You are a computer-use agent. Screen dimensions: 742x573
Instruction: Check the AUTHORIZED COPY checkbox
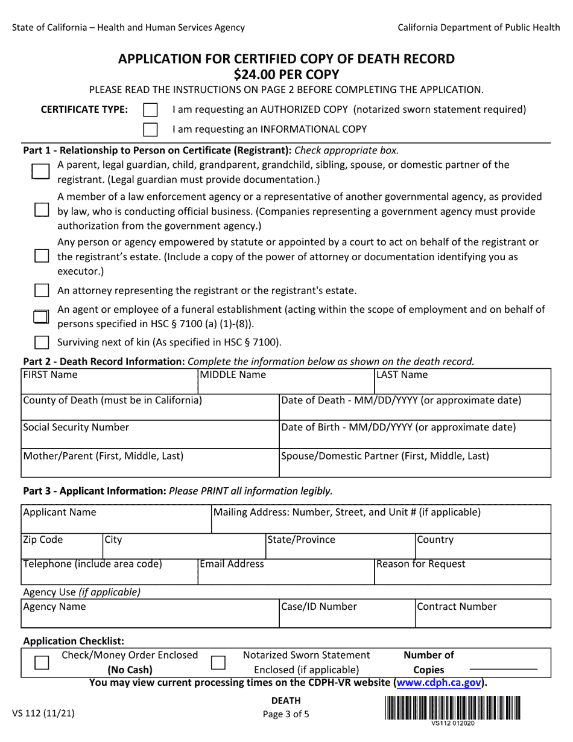[x=151, y=110]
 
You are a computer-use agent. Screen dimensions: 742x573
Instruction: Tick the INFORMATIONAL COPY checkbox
[x=151, y=129]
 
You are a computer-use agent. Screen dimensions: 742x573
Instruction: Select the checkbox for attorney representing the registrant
[x=42, y=290]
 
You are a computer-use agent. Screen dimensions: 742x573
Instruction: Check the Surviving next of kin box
[x=42, y=342]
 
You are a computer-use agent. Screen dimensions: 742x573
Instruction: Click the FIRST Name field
[x=110, y=385]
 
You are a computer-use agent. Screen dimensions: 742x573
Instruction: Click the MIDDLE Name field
[x=286, y=385]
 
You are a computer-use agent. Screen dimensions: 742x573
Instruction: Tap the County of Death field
[x=150, y=411]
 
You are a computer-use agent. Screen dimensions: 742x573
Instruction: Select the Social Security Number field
[x=150, y=438]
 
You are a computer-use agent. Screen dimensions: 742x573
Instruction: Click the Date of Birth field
[x=415, y=438]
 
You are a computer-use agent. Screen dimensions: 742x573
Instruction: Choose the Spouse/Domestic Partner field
[x=415, y=467]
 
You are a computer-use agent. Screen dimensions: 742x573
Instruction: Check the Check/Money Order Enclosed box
[x=42, y=662]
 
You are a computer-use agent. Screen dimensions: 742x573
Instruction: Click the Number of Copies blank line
[x=503, y=669]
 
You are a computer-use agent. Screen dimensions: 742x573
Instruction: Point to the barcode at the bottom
[x=452, y=708]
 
